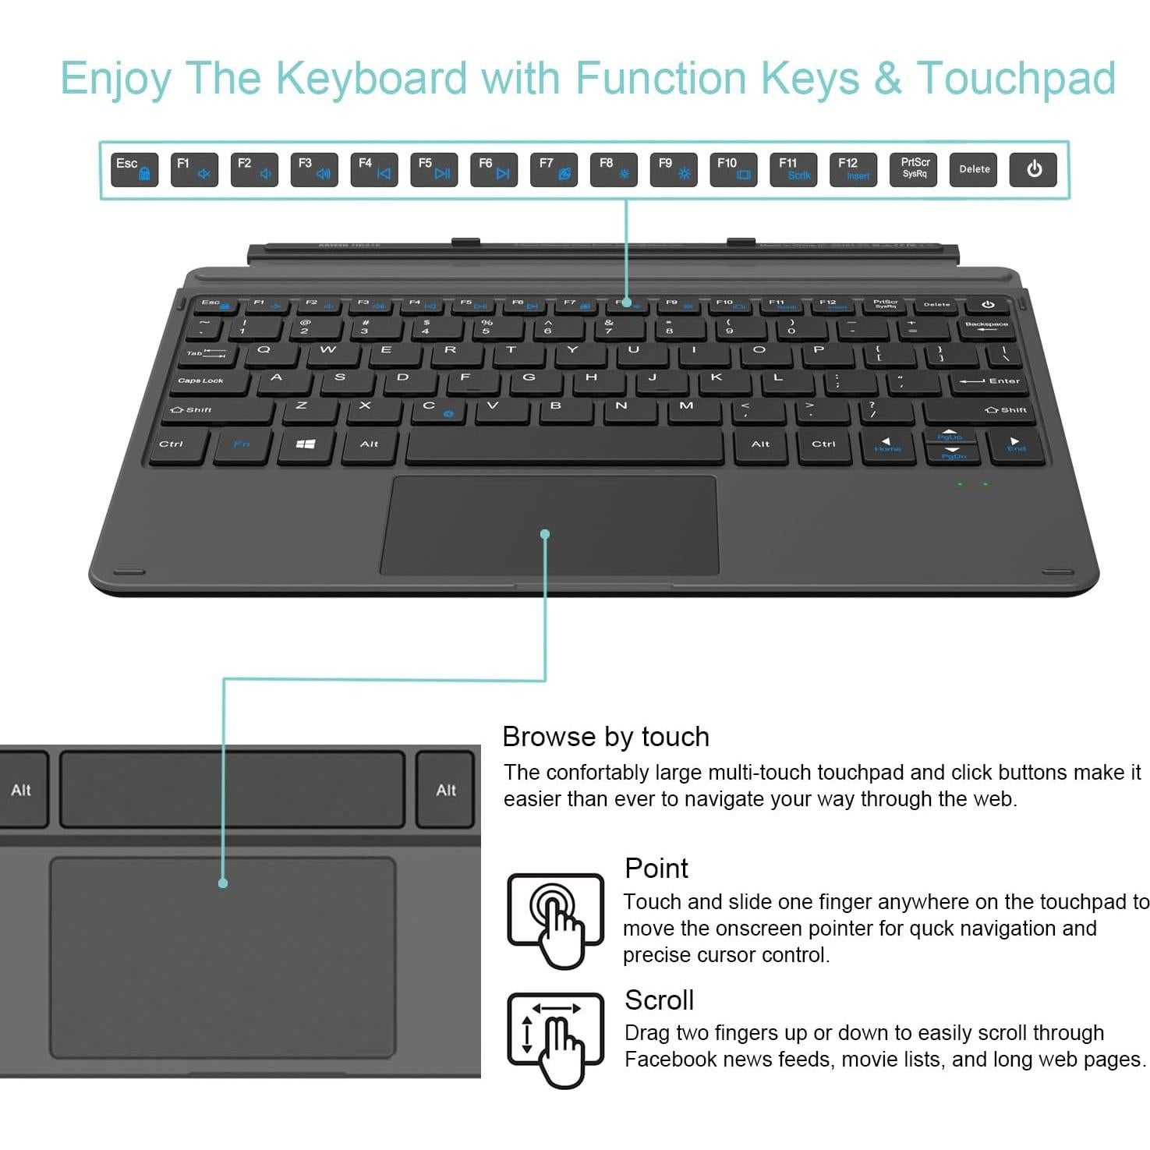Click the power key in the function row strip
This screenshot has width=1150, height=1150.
tap(1033, 170)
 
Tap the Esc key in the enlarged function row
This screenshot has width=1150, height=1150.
tap(134, 170)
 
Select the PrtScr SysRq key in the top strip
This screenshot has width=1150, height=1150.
tap(915, 170)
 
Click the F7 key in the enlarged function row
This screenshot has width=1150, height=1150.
tap(554, 170)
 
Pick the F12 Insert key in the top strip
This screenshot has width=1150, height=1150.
tap(854, 170)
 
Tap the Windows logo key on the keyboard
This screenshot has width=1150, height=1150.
tap(306, 444)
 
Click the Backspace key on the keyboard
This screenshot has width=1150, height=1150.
tap(986, 327)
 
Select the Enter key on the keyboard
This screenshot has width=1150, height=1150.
tap(990, 381)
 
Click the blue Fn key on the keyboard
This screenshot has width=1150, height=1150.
tap(242, 444)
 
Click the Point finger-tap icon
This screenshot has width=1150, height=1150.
tap(556, 920)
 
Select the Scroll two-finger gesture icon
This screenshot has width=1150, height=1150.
tap(556, 1037)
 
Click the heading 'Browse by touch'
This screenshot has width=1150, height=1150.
tap(606, 737)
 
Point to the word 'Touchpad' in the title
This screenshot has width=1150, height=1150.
tap(1016, 78)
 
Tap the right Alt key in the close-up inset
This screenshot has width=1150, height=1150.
tap(445, 790)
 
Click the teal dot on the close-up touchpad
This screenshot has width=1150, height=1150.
tap(223, 883)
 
